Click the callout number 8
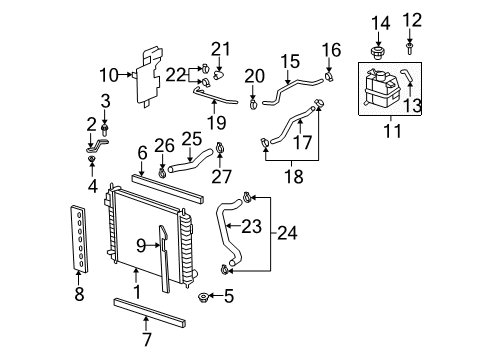coord(80,295)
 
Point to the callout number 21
coord(219,49)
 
